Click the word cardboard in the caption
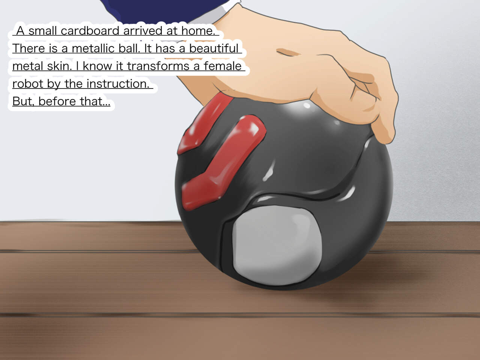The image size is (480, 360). (90, 31)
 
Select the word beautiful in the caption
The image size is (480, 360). (214, 48)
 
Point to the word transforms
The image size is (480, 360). (158, 66)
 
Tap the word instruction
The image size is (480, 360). (118, 84)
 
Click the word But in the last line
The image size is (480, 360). (23, 101)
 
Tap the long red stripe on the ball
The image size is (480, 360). (223, 162)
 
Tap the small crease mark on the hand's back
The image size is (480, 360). (287, 52)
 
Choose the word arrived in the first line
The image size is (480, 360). (142, 31)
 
